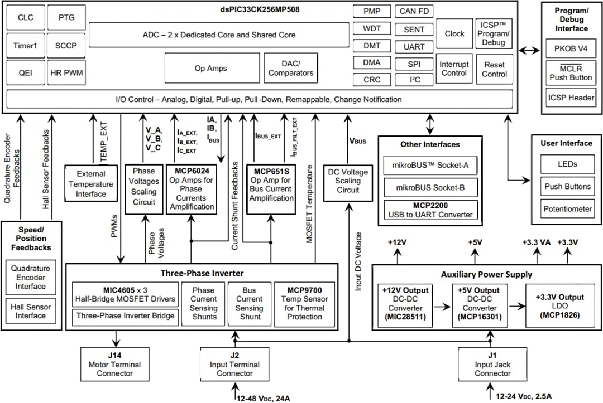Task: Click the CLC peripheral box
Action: [x=26, y=18]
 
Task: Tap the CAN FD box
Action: [x=414, y=12]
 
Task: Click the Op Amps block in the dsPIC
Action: [x=210, y=69]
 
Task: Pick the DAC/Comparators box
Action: [x=291, y=69]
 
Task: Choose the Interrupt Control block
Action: [x=453, y=69]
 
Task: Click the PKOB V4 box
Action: [x=571, y=48]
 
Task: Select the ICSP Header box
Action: [x=571, y=98]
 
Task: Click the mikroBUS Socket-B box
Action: [x=430, y=188]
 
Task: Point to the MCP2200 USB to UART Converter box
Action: [x=430, y=210]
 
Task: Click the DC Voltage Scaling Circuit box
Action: [x=348, y=181]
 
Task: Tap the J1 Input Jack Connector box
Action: [x=492, y=365]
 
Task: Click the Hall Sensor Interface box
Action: [x=31, y=311]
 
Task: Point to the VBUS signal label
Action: [x=357, y=141]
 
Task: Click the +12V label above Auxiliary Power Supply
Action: [x=398, y=242]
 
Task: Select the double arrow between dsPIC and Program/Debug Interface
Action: [x=529, y=51]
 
